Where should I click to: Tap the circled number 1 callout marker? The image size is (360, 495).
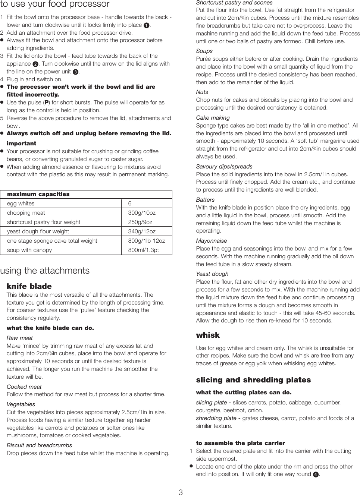pyautogui.click(x=147, y=25)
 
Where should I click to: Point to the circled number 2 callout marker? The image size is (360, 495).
pyautogui.click(x=35, y=64)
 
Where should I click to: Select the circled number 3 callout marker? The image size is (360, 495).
pyautogui.click(x=75, y=72)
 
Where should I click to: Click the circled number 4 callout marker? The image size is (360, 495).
pyautogui.click(x=316, y=474)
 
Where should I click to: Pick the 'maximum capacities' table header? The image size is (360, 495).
pyautogui.click(x=38, y=194)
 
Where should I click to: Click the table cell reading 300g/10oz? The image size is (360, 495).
pyautogui.click(x=142, y=213)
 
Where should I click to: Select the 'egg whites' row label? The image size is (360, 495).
pyautogui.click(x=21, y=204)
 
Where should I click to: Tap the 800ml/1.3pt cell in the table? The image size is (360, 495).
pyautogui.click(x=143, y=250)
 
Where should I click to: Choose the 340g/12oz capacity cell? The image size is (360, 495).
pyautogui.click(x=142, y=231)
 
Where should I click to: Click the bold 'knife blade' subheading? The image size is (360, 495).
pyautogui.click(x=29, y=286)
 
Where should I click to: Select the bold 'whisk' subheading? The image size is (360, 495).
pyautogui.click(x=208, y=335)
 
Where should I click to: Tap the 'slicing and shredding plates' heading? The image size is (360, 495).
pyautogui.click(x=253, y=380)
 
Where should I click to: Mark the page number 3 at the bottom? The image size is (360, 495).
pyautogui.click(x=181, y=492)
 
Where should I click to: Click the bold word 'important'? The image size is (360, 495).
pyautogui.click(x=22, y=144)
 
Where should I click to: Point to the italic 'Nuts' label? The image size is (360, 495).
pyautogui.click(x=202, y=92)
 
